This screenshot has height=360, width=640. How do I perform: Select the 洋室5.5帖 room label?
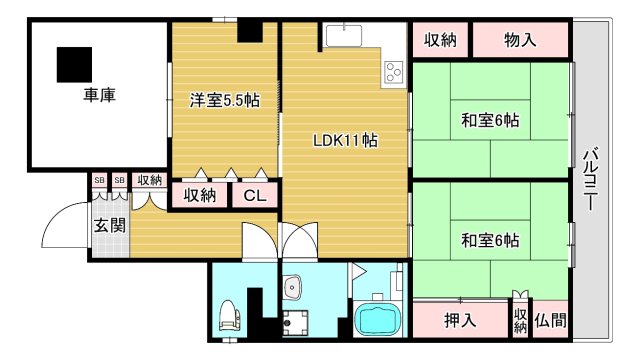226,100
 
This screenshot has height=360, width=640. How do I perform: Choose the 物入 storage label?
520,41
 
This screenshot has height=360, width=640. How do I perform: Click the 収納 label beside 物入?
440,41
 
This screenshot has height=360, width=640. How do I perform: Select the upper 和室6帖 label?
490,120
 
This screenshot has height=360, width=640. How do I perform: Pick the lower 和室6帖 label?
490,240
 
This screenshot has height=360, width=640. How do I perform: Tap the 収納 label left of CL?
200,196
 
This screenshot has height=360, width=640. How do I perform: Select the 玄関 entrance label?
110,225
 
